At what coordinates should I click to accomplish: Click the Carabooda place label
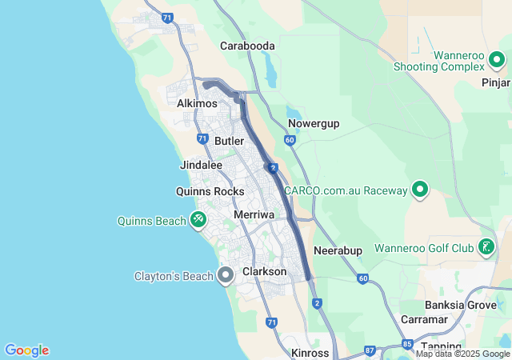tap(247, 46)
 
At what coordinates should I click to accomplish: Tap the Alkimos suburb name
tap(197, 104)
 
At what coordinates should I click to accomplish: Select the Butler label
tap(229, 141)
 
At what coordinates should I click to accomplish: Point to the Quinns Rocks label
tap(210, 192)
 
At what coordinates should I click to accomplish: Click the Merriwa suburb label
tap(254, 215)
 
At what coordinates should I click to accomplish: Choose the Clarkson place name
tap(264, 272)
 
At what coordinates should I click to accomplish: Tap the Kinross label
tap(310, 353)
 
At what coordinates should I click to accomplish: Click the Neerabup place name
tap(338, 250)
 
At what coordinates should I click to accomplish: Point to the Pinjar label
tap(495, 82)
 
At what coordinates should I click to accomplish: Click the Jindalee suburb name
tap(202, 165)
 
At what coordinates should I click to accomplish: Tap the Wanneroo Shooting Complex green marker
tap(497, 59)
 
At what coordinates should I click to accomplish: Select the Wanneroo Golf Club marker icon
tap(486, 248)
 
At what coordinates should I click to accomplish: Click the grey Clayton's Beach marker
tap(226, 276)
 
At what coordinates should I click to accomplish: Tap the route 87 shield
tap(370, 350)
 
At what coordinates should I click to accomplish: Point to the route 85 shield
tap(407, 345)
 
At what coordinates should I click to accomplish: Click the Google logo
tap(27, 350)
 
